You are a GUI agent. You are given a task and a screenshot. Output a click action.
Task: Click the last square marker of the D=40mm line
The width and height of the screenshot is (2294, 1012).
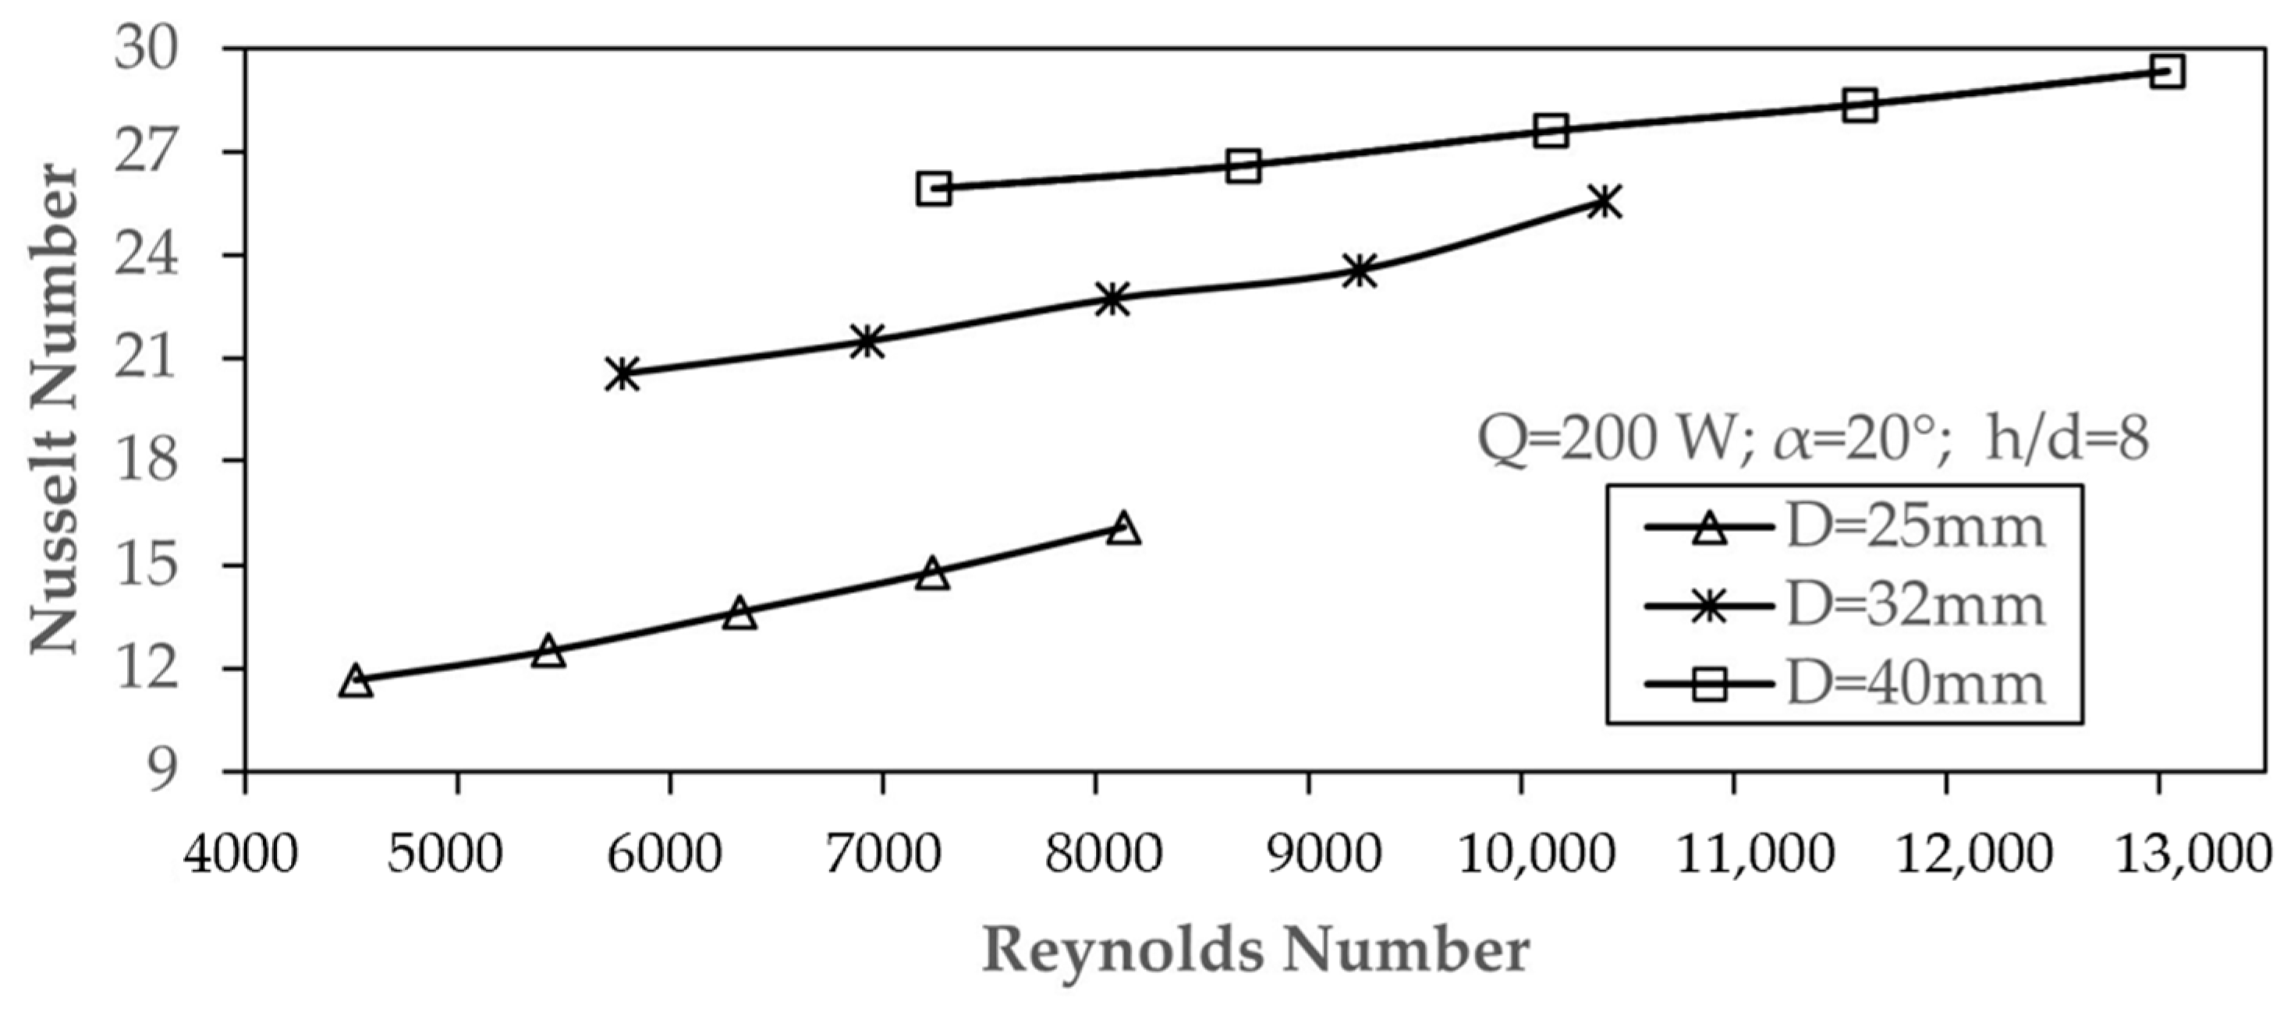pos(2167,71)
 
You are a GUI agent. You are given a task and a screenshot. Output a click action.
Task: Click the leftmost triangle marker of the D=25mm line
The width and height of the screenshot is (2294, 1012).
pos(356,681)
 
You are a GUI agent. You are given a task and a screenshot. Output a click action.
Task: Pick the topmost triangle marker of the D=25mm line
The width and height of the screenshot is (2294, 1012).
pos(1125,528)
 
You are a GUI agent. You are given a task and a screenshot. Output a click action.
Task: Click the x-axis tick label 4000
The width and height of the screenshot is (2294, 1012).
pos(240,855)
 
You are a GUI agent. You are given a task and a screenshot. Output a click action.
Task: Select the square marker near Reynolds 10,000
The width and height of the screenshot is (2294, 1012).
pos(1551,131)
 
